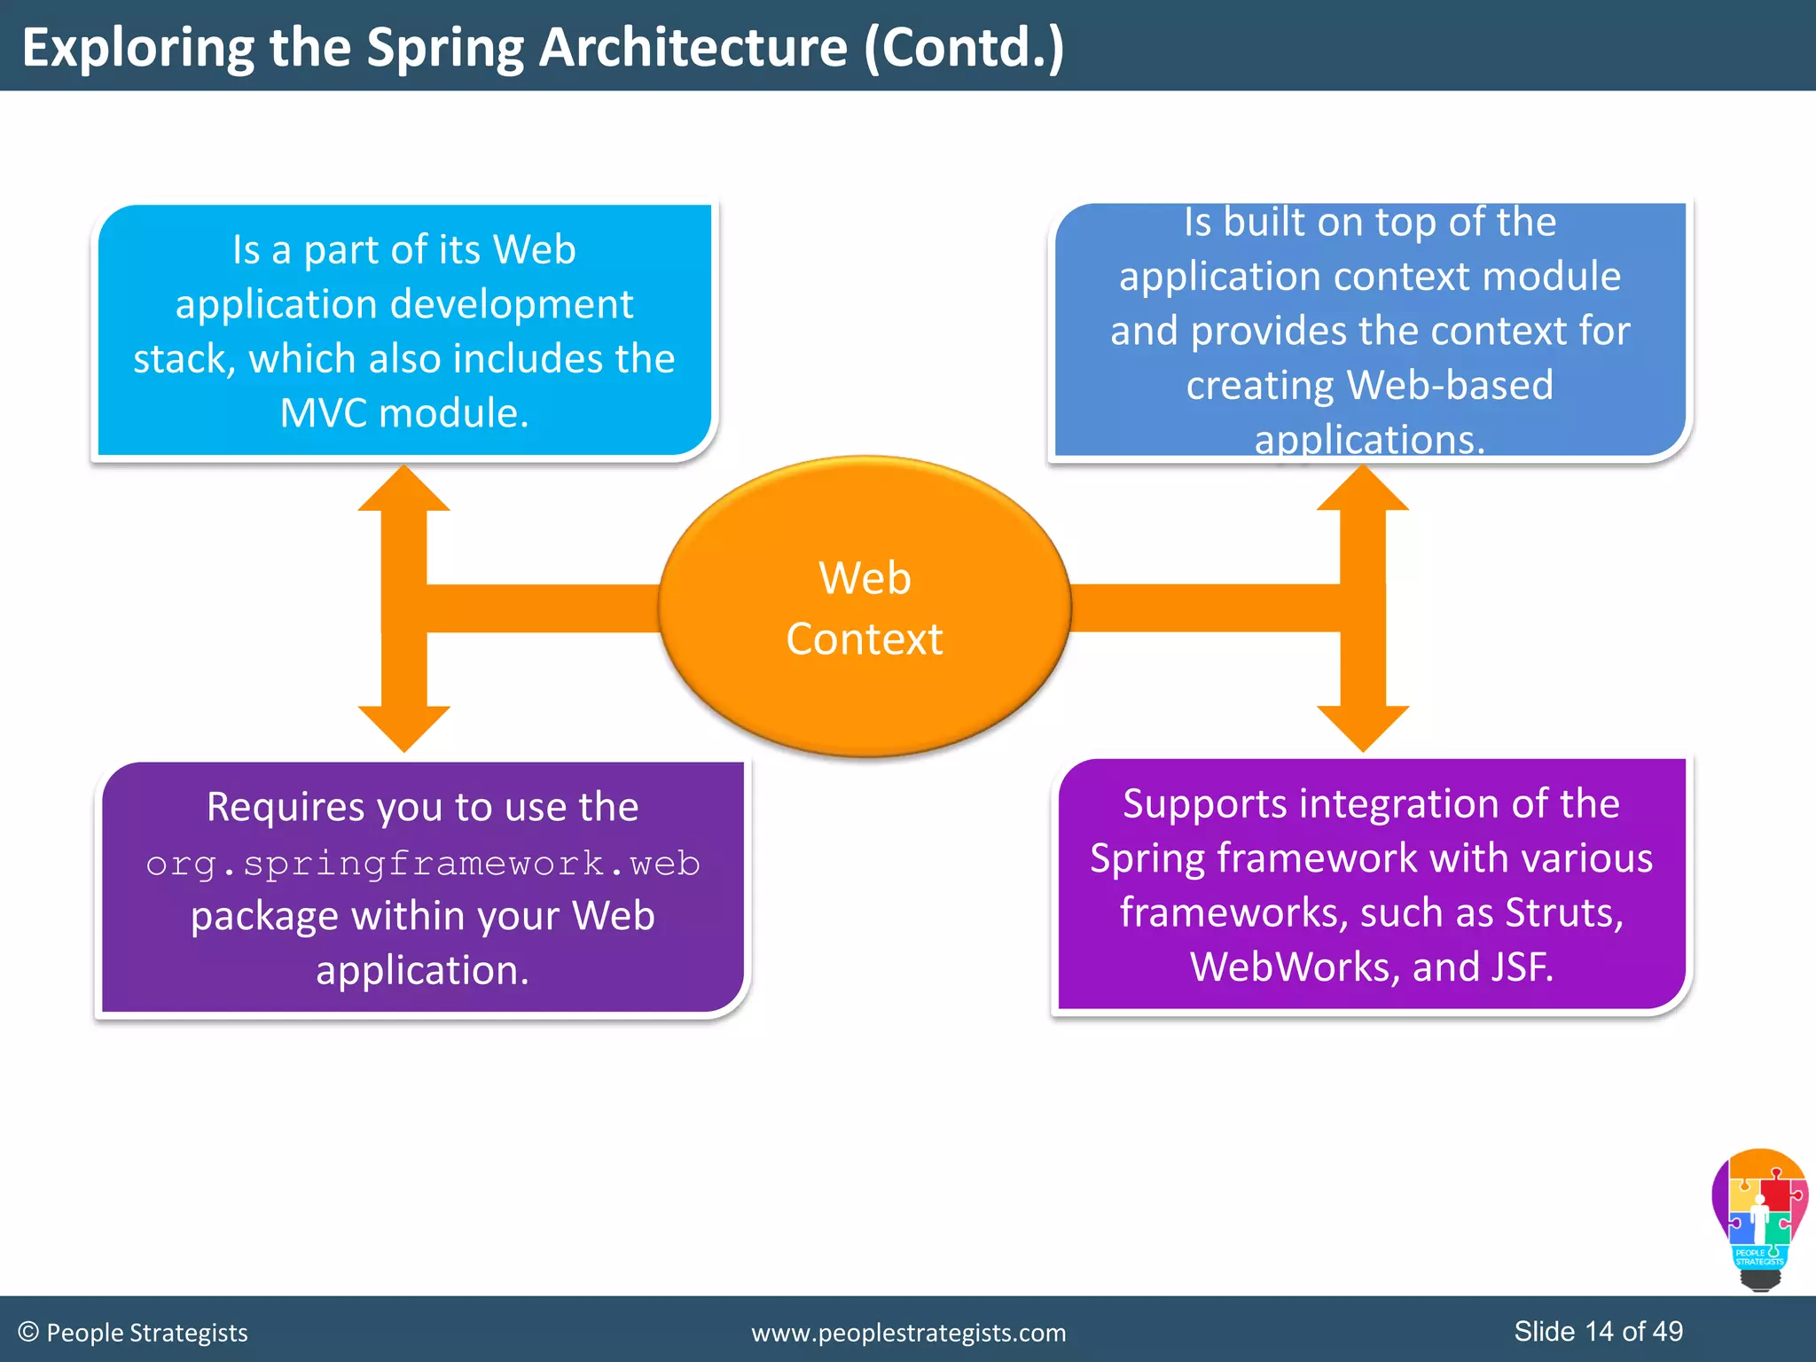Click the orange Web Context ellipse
pyautogui.click(x=865, y=607)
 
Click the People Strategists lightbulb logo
pyautogui.click(x=1760, y=1219)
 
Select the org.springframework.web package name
pyautogui.click(x=423, y=863)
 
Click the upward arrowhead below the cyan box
pyautogui.click(x=404, y=489)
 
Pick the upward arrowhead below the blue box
pyautogui.click(x=1363, y=489)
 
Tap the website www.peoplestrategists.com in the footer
pyautogui.click(x=909, y=1333)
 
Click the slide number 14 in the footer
pyautogui.click(x=1599, y=1331)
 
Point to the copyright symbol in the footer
pyautogui.click(x=28, y=1332)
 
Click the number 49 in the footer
pyautogui.click(x=1668, y=1331)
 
